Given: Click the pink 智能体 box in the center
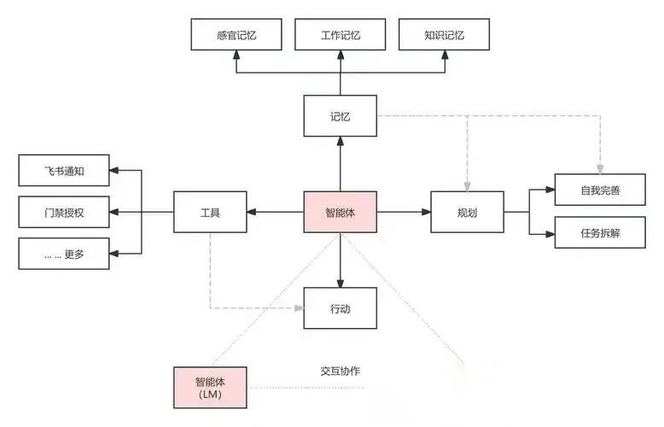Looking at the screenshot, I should (340, 212).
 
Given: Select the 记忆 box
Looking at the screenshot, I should (340, 116).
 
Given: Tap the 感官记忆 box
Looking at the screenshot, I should (236, 36).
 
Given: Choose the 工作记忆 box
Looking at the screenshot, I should (340, 36).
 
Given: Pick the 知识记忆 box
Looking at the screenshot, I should (444, 36).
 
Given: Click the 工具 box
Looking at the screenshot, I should (209, 212).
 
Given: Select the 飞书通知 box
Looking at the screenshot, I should (64, 171).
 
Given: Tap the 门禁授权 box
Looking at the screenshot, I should (64, 212).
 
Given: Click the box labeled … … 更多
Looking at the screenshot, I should (64, 254).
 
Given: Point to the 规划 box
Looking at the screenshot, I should (466, 212).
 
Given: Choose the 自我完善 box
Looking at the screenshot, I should (599, 190).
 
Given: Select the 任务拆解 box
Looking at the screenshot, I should (599, 232).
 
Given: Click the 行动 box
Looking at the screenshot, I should (340, 308).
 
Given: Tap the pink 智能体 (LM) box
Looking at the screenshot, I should (209, 388).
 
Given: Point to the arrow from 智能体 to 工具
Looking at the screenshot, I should (275, 212).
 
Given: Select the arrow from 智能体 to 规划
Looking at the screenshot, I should (403, 212).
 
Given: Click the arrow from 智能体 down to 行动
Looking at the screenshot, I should (340, 260).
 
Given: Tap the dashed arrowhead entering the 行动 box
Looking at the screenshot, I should (299, 308).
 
